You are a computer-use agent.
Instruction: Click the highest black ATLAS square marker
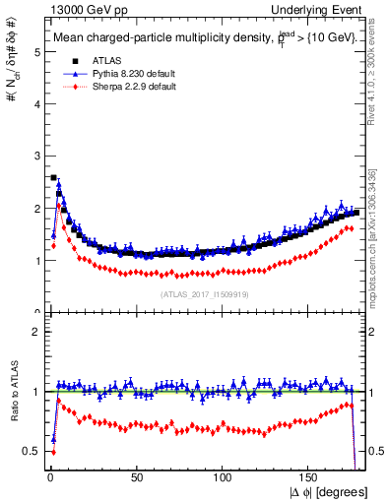(53, 178)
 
